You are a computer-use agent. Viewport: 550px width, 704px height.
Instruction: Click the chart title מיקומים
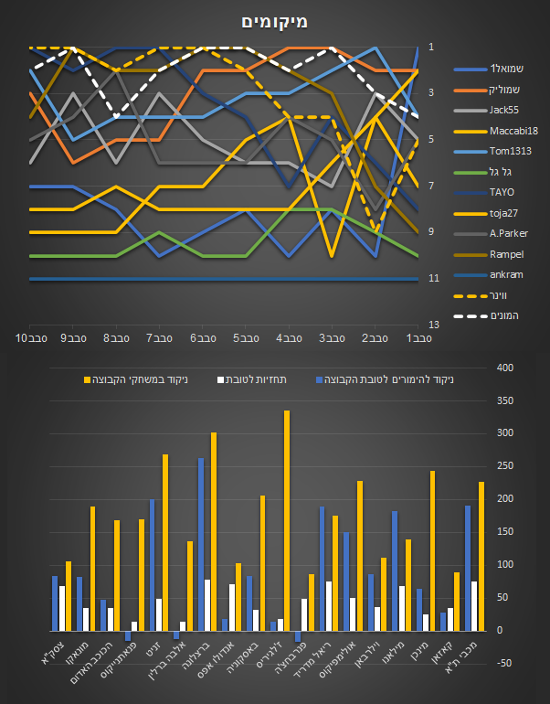point(275,21)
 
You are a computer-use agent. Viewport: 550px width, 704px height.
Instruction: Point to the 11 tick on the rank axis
point(433,278)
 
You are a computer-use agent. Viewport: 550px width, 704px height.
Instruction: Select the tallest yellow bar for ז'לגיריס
point(287,520)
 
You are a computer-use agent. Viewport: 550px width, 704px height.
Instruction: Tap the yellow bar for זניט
point(165,542)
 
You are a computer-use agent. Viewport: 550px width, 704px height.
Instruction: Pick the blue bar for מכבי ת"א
point(468,568)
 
